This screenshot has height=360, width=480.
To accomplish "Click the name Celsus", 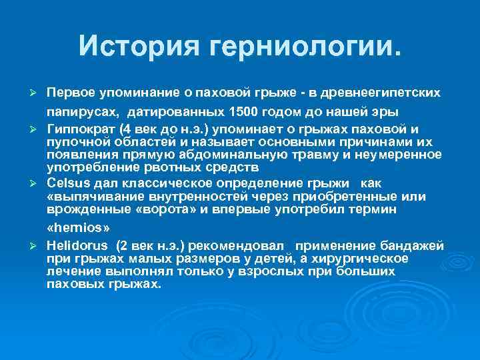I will pyautogui.click(x=67, y=184).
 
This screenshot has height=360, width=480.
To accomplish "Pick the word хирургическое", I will pyautogui.click(x=365, y=259).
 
